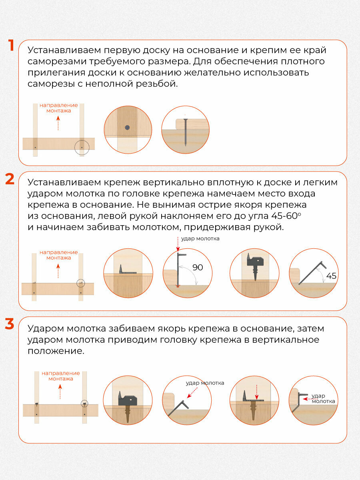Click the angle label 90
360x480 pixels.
point(198,268)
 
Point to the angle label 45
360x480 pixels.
point(330,276)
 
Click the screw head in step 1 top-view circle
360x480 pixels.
point(127,128)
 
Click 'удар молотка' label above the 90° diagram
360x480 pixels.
point(200,239)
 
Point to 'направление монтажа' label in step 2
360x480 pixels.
point(58,255)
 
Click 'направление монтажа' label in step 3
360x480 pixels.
point(61,376)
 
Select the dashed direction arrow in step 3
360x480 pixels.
point(60,392)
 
